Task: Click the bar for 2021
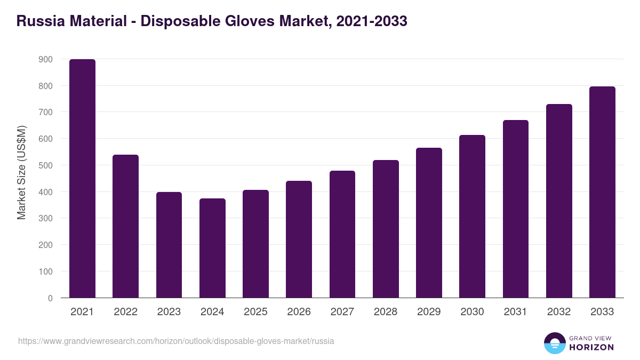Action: (82, 179)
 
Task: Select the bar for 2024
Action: (212, 248)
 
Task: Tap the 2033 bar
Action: (602, 192)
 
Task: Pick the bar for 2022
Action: (125, 226)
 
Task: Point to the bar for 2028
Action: (386, 229)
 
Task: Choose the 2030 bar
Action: (472, 217)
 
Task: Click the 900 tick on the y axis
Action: (46, 59)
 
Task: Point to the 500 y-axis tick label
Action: (46, 165)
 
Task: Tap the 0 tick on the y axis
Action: (50, 298)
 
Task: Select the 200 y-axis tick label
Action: (46, 245)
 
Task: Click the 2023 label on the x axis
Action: (169, 312)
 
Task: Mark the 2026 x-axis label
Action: (299, 312)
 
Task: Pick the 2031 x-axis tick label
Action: (515, 312)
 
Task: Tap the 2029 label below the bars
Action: (429, 312)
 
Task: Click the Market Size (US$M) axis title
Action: (21, 172)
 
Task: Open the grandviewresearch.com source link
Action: (176, 341)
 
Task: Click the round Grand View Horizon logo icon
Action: (555, 343)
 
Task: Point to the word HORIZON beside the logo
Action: (592, 347)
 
